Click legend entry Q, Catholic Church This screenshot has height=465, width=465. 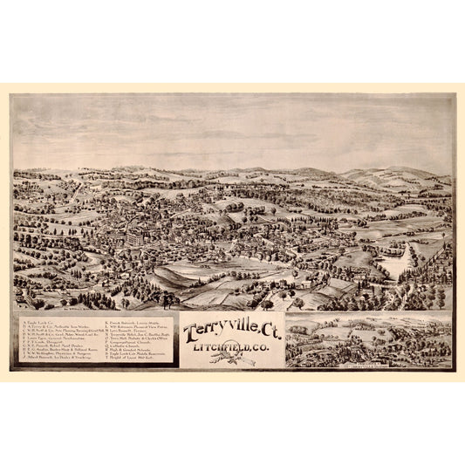(x=131, y=348)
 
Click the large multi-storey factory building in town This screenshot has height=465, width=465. (x=133, y=236)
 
